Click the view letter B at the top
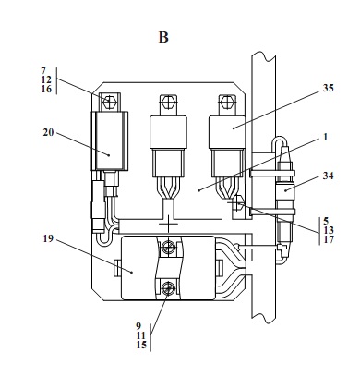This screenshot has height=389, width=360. pos(163,37)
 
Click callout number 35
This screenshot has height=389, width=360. pos(328,88)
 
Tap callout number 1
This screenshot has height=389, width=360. pos(326,137)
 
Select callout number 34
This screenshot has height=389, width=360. pos(328,176)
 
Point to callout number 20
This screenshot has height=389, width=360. pos(48,133)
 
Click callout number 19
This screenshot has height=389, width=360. pos(48,238)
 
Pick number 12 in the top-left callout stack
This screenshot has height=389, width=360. pos(46,80)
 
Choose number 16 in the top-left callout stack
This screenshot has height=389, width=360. pos(46,90)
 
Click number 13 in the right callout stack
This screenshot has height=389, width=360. pos(329,230)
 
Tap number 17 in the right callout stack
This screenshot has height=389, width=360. pos(329,239)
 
